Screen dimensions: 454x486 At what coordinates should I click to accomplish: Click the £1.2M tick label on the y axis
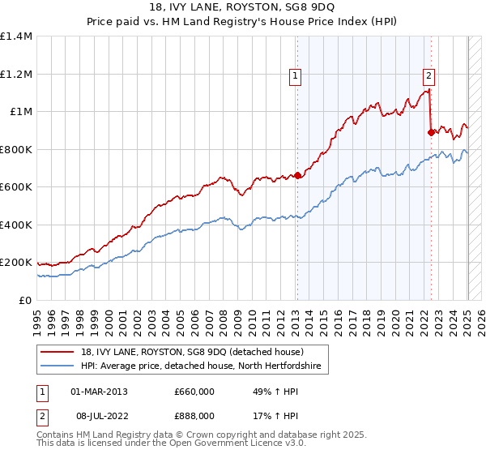pyautogui.click(x=15, y=74)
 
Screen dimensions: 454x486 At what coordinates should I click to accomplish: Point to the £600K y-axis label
pyautogui.click(x=15, y=187)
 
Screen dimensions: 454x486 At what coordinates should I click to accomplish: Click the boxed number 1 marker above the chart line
pyautogui.click(x=296, y=77)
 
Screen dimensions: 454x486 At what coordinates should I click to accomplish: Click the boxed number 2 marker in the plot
pyautogui.click(x=428, y=77)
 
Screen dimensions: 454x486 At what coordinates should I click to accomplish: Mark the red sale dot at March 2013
pyautogui.click(x=297, y=175)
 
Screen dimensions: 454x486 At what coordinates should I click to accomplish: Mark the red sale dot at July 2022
pyautogui.click(x=431, y=132)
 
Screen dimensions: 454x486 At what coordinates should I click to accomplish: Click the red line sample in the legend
pyautogui.click(x=58, y=352)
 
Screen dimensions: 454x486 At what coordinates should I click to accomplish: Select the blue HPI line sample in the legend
pyautogui.click(x=58, y=366)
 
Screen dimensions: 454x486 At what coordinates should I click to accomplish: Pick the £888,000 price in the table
pyautogui.click(x=194, y=414)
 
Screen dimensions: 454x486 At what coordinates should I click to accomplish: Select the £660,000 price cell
pyautogui.click(x=194, y=392)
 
